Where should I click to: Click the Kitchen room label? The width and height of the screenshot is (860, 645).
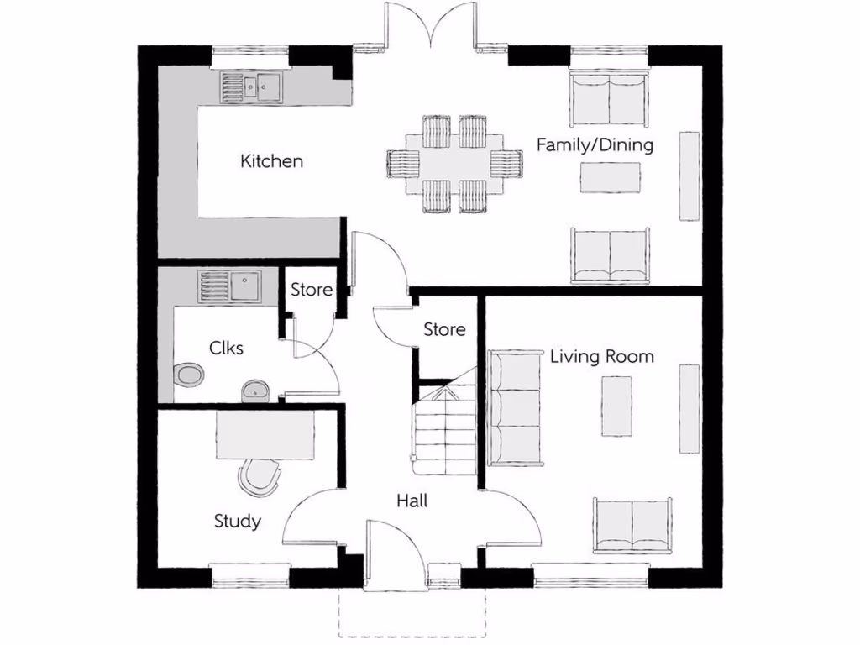271,160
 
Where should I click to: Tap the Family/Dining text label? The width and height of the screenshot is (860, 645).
595,144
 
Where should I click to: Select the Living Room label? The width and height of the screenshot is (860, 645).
601,356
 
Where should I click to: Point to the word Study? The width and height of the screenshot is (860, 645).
237,521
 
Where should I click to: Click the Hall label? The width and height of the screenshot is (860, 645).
412,501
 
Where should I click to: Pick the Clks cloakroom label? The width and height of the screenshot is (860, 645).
226,347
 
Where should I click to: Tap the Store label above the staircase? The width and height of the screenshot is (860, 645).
444,329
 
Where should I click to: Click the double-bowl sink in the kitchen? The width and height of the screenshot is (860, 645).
252,86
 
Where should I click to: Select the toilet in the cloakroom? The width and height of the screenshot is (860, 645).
189,375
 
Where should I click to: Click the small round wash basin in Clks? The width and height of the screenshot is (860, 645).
254,391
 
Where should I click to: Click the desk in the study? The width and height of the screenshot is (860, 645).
265,435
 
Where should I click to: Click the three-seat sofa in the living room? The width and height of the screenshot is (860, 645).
515,406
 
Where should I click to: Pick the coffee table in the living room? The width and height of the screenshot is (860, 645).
616,406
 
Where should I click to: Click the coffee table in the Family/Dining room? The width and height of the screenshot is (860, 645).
611,176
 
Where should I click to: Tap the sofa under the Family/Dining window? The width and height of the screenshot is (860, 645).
609,98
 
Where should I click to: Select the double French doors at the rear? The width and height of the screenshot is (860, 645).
431,25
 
